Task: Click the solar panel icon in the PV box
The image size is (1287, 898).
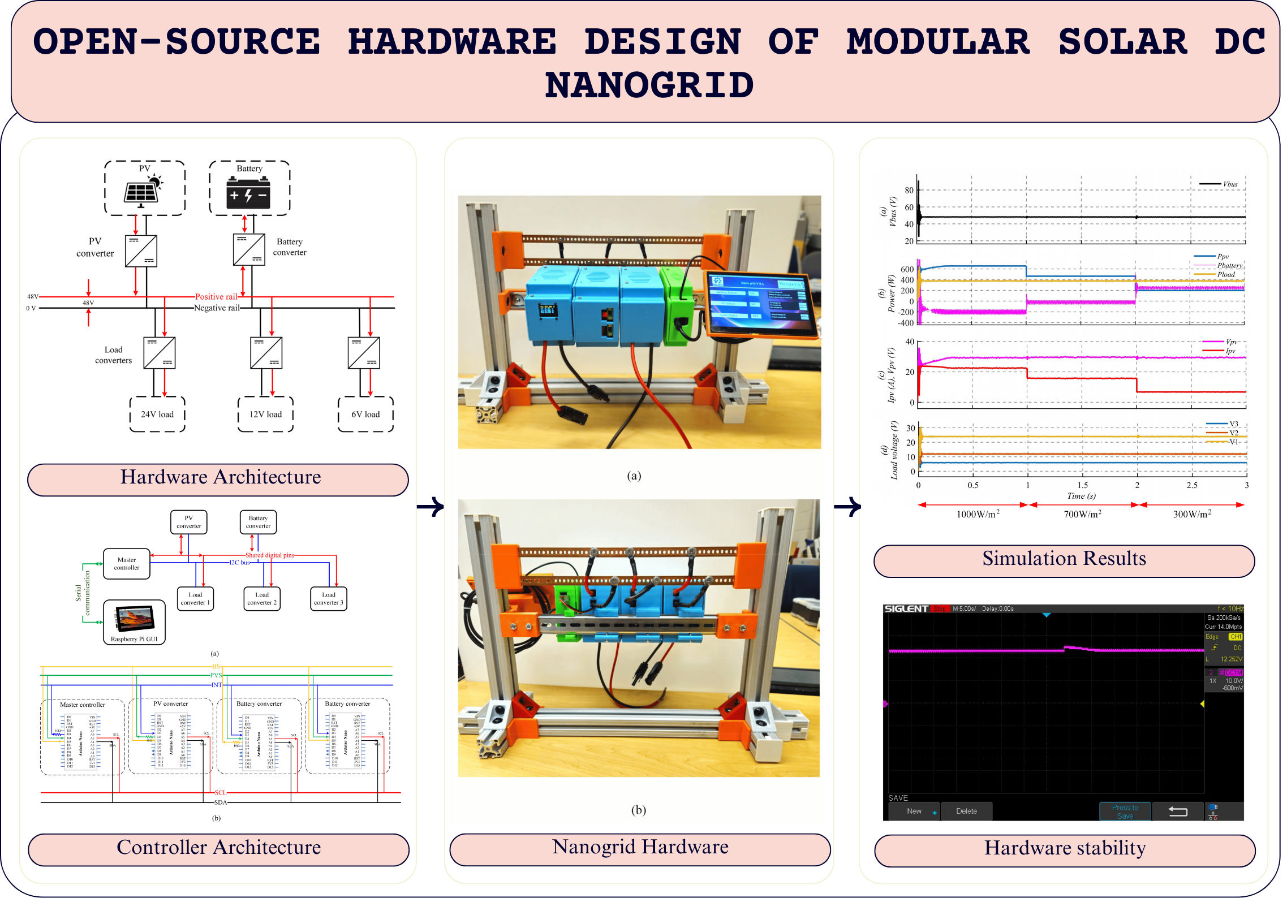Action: point(141,191)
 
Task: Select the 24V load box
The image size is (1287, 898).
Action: point(157,415)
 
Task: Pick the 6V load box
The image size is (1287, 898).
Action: point(365,415)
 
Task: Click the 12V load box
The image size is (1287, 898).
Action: point(265,415)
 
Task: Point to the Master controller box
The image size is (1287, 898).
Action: point(127,564)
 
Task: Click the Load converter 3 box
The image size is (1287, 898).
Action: point(329,599)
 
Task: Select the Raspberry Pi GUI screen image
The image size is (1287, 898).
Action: point(135,618)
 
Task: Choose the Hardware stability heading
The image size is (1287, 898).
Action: point(1065,848)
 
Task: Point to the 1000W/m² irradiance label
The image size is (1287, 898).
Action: point(978,514)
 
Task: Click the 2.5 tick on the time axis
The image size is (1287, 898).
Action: point(1191,485)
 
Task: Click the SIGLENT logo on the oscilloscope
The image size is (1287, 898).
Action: point(906,608)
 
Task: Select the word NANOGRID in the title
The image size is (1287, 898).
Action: point(649,85)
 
